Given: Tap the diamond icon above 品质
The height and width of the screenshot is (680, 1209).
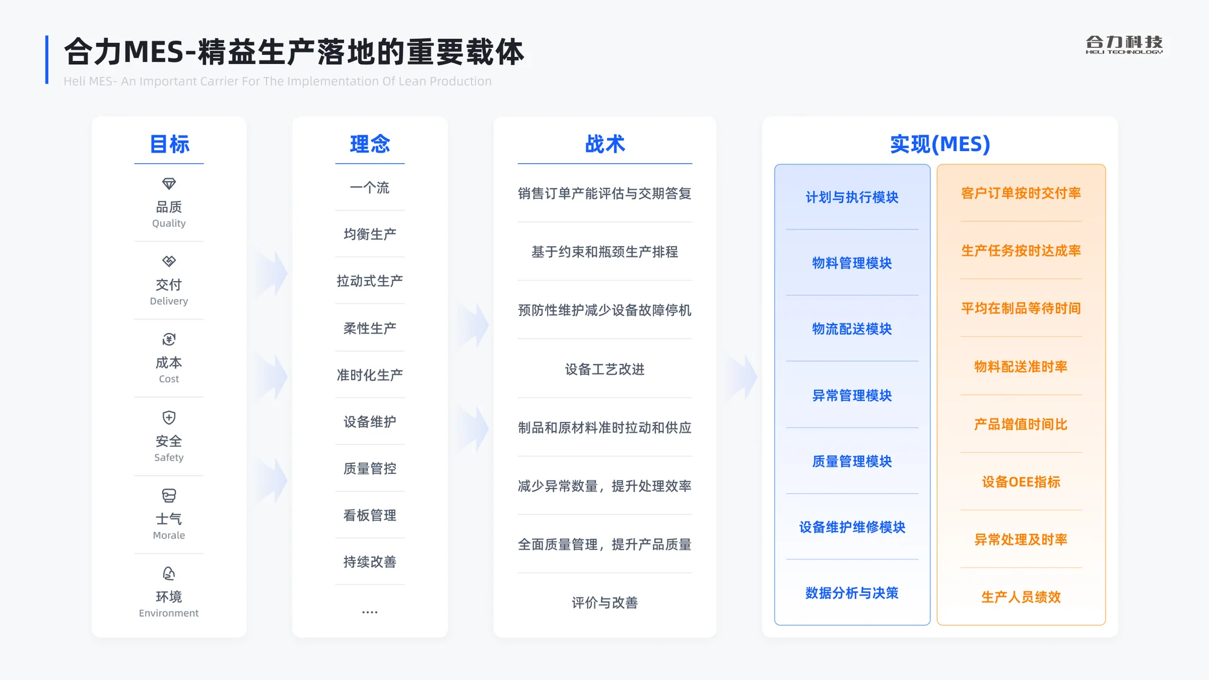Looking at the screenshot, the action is (169, 184).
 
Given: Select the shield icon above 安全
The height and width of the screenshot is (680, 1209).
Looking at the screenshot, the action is (169, 418).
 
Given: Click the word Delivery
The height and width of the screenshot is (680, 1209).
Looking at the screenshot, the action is (169, 301).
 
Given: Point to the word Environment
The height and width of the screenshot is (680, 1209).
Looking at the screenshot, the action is (169, 613).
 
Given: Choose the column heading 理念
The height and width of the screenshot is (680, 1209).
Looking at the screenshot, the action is (370, 144).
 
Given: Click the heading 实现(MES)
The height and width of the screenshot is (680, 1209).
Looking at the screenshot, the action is (940, 144).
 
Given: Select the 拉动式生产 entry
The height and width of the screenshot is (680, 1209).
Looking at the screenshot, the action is (370, 281).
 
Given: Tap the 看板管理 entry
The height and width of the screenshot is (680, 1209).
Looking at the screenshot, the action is (370, 515).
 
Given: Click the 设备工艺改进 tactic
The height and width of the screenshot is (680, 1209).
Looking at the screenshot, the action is (604, 369).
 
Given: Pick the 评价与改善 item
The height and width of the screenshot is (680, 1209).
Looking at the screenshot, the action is (604, 603).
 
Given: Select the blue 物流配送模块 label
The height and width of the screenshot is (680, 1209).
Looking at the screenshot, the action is (852, 329).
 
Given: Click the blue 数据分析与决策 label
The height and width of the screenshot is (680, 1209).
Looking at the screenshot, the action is (852, 593).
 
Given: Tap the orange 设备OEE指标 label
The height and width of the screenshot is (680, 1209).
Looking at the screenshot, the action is (1021, 482).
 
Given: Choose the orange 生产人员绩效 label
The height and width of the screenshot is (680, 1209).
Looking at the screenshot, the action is (1021, 597).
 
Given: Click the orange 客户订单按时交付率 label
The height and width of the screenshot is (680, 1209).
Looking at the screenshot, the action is (1021, 193).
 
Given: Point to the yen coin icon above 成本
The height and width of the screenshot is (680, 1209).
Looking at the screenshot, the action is (169, 339).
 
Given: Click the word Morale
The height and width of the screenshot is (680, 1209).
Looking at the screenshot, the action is (169, 535).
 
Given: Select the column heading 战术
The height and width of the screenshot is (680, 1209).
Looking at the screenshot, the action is (604, 144).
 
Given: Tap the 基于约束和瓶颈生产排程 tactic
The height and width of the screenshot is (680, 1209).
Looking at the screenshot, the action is (604, 252).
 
